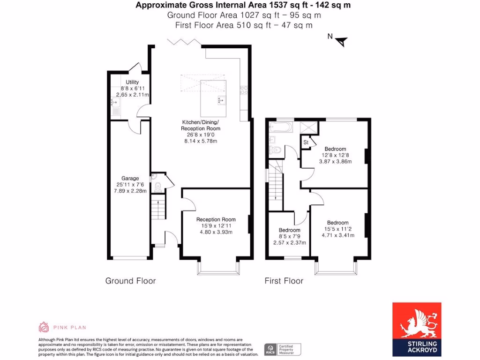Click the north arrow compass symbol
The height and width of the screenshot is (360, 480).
point(342,41)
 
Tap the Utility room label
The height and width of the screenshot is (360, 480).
point(132,82)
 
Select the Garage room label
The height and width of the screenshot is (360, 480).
point(130,178)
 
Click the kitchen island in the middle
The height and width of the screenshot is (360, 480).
point(213,98)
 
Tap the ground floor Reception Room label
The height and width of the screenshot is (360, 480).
point(216,219)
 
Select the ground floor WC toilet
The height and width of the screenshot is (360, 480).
point(157,186)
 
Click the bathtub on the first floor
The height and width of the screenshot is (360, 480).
point(280,127)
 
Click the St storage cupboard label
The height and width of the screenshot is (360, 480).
point(306,142)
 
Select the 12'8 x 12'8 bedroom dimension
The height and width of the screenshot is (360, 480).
point(335,155)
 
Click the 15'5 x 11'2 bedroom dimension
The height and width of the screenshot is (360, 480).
point(337,229)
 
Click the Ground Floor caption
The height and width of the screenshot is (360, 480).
point(130,281)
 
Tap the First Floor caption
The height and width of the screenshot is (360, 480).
point(284,281)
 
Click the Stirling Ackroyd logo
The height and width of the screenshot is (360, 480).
point(416,327)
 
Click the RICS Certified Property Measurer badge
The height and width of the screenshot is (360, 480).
point(283,349)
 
